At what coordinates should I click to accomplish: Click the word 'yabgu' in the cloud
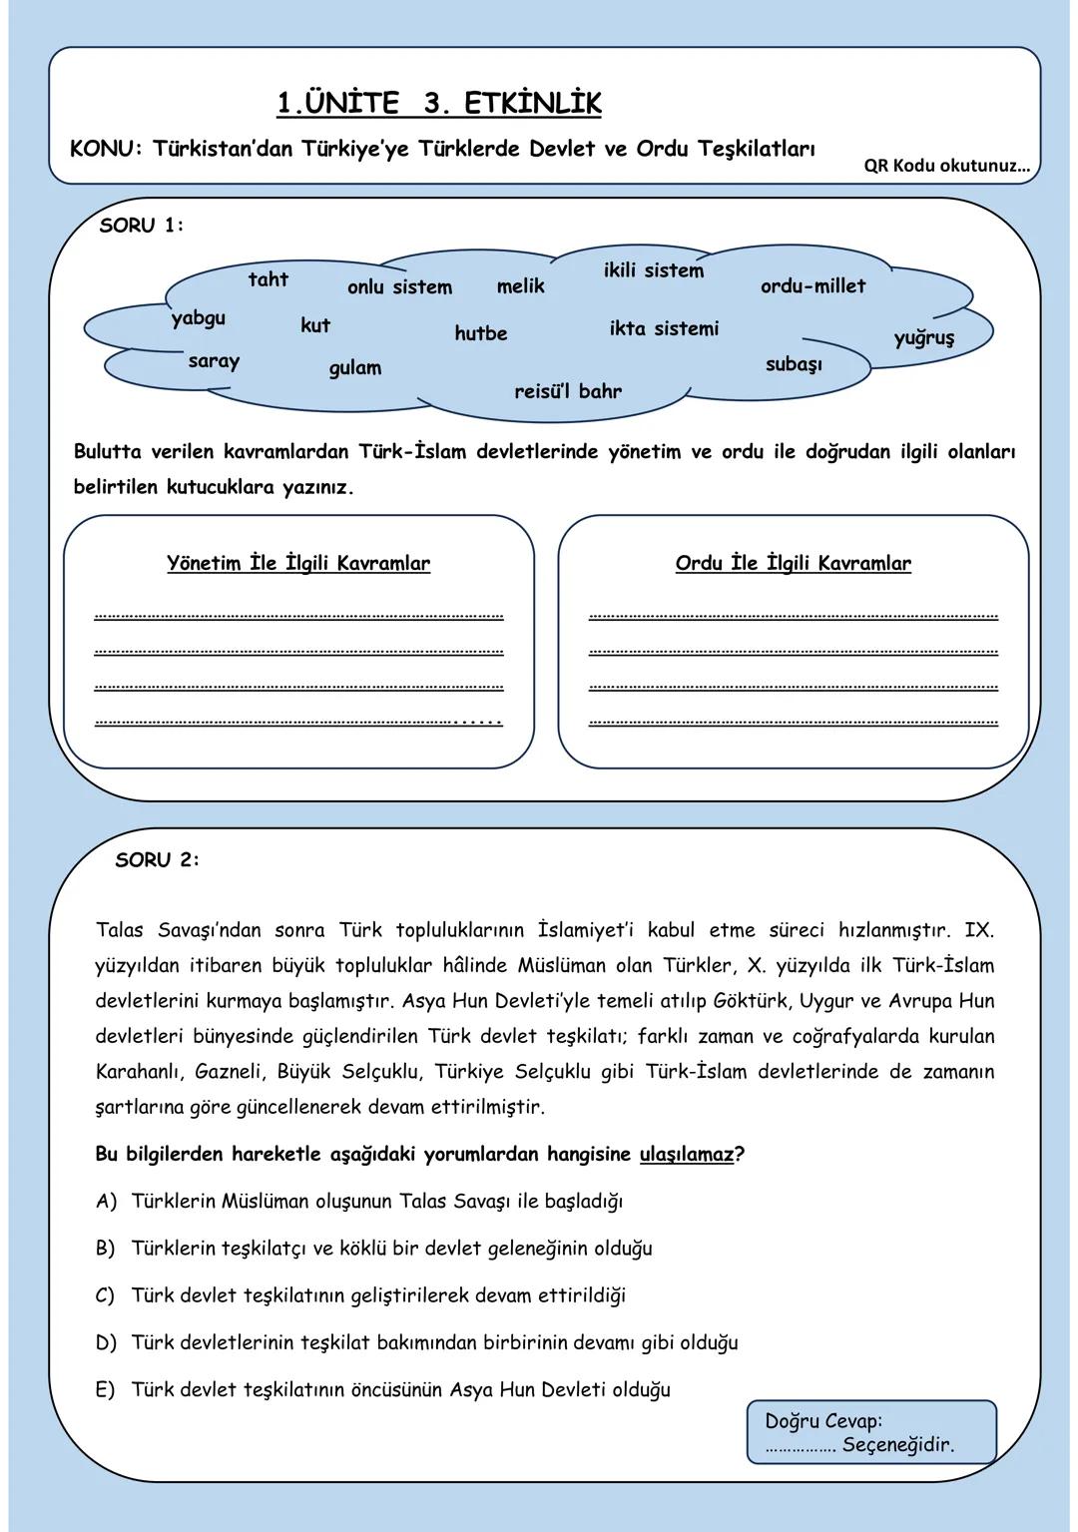pos(198,318)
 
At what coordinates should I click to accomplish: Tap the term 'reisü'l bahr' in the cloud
pos(567,391)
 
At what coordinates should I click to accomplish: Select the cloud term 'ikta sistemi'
pos(664,328)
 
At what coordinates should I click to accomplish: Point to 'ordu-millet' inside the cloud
pos(812,286)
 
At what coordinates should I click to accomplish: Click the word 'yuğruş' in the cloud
pos(923,337)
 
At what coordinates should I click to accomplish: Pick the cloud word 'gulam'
pos(355,368)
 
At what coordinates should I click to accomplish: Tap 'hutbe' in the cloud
pos(480,333)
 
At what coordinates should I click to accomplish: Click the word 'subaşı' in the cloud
pos(794,364)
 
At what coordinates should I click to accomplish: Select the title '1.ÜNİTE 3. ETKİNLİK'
pos(439,103)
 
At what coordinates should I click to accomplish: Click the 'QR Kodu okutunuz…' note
pos(946,166)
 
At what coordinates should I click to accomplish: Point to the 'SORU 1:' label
pos(142,226)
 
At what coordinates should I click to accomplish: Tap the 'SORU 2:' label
pos(158,859)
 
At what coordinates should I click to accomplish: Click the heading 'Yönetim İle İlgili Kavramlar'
pos(298,563)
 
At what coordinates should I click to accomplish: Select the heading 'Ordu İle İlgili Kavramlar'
pos(793,563)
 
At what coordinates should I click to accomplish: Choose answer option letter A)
pos(107,1201)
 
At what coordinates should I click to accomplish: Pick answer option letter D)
pos(107,1342)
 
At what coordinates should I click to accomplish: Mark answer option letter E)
pos(106,1389)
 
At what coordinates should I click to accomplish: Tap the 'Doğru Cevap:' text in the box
pos(823,1420)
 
